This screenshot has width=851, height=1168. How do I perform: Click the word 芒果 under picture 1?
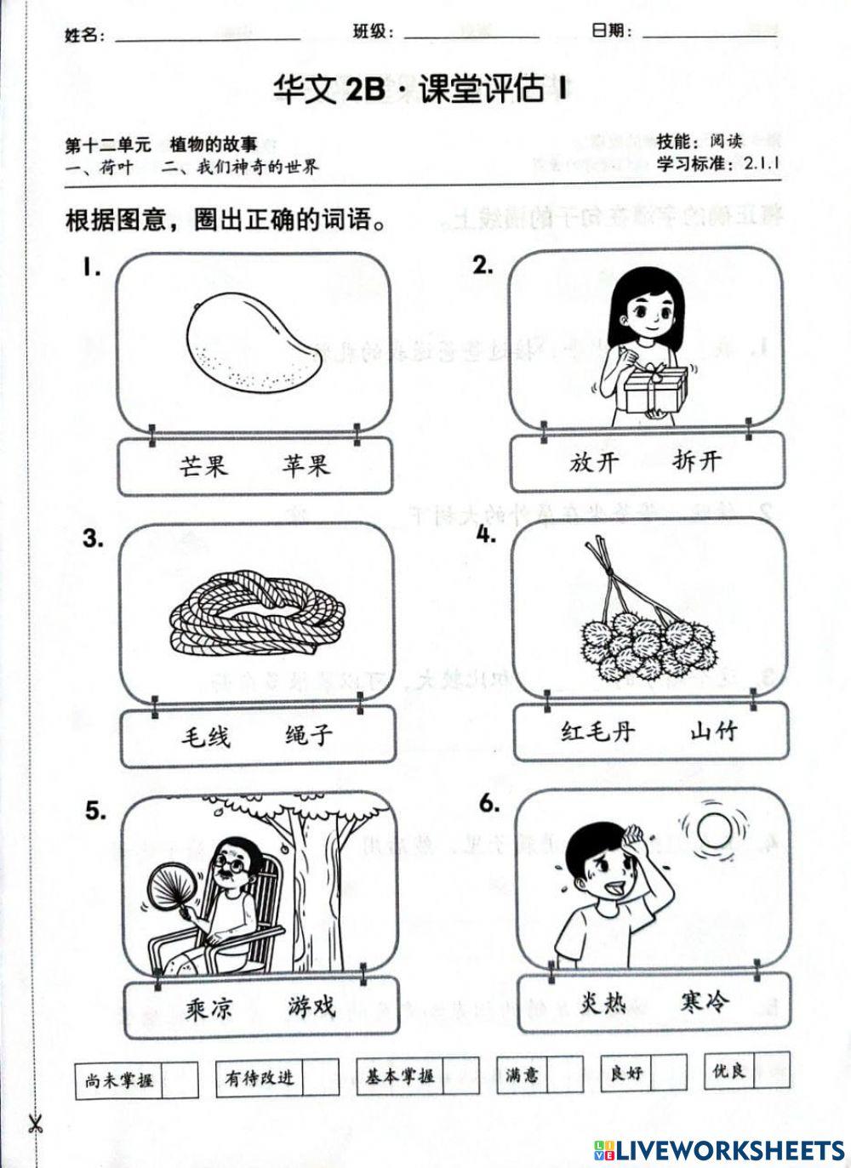(203, 465)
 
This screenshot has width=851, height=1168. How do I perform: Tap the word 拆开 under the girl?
(697, 461)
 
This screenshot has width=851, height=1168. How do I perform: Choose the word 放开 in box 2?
(595, 462)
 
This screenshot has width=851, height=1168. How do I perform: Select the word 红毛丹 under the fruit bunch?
(598, 731)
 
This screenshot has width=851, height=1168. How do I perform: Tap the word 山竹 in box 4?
(714, 730)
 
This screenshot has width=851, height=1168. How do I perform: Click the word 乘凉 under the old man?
(208, 1009)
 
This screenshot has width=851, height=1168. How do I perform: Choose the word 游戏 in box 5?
(311, 1007)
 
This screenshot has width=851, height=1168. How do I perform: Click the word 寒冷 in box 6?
(705, 1002)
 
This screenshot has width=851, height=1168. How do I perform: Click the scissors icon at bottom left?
(35, 1122)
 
